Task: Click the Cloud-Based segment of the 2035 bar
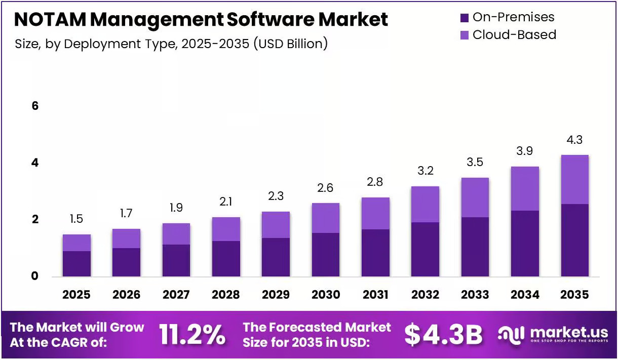coord(574,180)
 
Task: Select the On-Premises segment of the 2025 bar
coord(76,264)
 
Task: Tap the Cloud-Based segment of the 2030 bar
coord(326,218)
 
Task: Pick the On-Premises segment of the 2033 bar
coord(475,247)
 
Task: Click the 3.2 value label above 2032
coord(426,171)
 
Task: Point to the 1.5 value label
coord(76,219)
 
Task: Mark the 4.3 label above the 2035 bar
coord(574,140)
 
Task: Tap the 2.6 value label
coord(325,188)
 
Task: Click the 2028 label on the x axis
coord(226,295)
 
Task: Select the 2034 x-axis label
coord(525,295)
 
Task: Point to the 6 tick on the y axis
coord(35,106)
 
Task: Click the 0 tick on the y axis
coord(35,276)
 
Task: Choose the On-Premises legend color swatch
coord(465,18)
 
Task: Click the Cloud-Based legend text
coord(514,35)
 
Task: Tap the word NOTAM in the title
coord(50,19)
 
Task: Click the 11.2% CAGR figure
coord(192,335)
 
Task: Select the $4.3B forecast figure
coord(443,335)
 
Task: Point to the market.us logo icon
coord(511,335)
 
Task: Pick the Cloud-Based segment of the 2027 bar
coord(176,234)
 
